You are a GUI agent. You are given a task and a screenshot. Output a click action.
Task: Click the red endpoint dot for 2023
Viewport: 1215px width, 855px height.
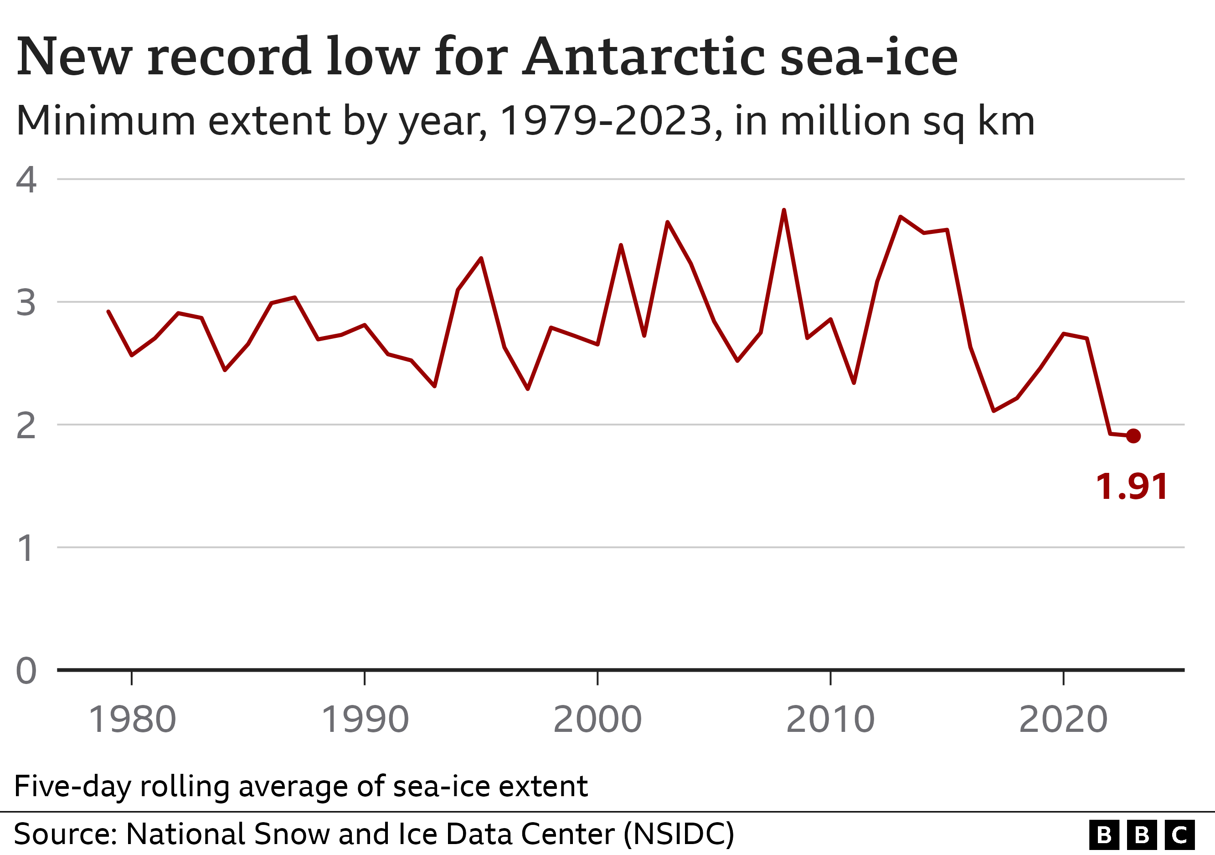click(x=1133, y=435)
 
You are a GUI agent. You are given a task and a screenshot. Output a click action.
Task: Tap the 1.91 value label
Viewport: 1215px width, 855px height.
click(x=1132, y=487)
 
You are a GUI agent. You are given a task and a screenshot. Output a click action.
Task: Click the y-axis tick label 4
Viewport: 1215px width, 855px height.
click(x=26, y=180)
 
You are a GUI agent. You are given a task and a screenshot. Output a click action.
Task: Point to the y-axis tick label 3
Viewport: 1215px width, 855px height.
click(x=26, y=302)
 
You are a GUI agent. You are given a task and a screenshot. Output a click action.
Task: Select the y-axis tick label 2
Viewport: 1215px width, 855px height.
click(x=26, y=425)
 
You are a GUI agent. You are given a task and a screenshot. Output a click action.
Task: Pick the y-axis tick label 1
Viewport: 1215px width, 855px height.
click(x=26, y=548)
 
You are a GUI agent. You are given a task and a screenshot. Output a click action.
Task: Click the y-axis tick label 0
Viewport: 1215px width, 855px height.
click(x=26, y=671)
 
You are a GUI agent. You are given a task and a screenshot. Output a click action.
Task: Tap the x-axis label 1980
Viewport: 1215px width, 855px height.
click(x=132, y=720)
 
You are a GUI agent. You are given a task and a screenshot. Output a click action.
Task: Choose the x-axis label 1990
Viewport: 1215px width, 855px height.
click(x=365, y=720)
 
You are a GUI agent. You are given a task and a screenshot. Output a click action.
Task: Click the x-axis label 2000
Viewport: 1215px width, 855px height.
click(x=597, y=720)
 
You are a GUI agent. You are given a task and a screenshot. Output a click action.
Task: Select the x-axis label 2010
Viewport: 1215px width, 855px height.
click(x=830, y=720)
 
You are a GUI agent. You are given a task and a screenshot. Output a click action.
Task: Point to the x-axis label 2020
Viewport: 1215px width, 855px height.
click(x=1063, y=720)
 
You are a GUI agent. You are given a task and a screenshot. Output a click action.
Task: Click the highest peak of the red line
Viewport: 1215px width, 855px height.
click(x=784, y=211)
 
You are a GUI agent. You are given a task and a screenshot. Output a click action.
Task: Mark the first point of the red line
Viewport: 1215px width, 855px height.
click(x=108, y=312)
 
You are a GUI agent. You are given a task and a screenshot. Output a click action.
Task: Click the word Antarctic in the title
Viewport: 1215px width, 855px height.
click(x=644, y=57)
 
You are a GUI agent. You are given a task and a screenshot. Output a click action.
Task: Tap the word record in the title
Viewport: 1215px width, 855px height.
click(x=229, y=57)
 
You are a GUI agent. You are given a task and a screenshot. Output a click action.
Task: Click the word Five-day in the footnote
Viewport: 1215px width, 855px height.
click(x=72, y=786)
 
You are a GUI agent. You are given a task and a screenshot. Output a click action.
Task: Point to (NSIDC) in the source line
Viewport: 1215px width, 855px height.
click(x=679, y=834)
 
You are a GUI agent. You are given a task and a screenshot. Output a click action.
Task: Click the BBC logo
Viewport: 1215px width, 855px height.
click(x=1142, y=835)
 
